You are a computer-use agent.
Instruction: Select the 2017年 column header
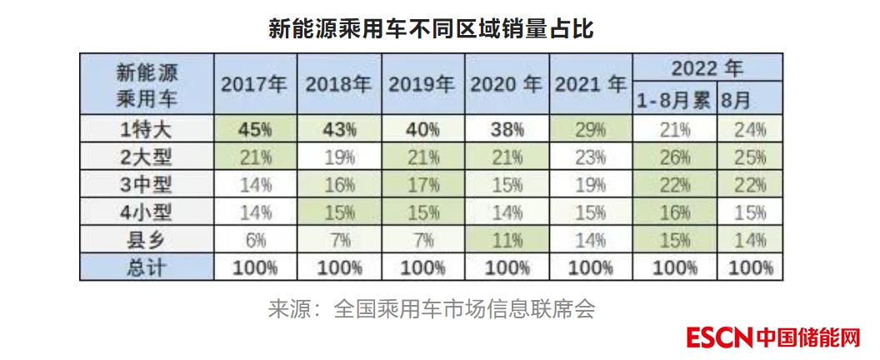254,85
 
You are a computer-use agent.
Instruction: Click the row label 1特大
146,129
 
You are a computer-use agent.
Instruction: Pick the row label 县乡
146,240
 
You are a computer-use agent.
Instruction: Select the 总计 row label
146,267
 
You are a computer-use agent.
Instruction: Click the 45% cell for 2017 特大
255,129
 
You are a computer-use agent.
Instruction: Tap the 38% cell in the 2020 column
506,129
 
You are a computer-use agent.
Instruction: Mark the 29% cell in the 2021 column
590,129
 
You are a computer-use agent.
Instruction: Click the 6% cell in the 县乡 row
255,240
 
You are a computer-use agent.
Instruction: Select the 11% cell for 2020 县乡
506,240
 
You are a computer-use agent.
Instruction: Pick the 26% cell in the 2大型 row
673,157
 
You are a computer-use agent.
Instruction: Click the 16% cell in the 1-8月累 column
673,212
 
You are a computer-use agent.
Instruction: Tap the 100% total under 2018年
338,267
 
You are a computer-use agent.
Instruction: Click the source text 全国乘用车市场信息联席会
464,309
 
